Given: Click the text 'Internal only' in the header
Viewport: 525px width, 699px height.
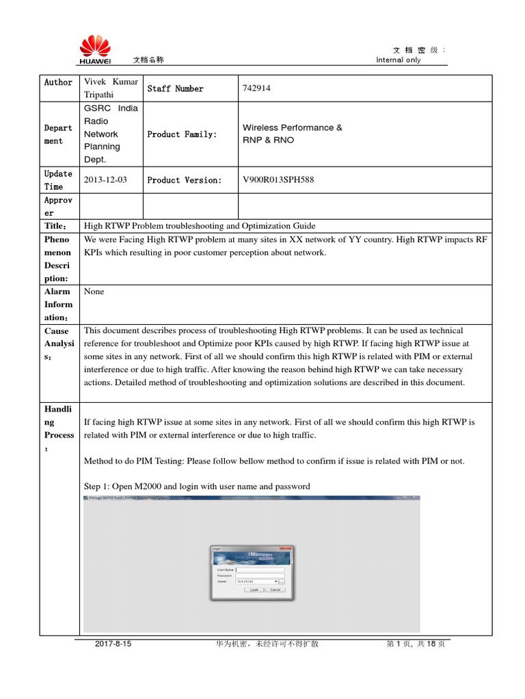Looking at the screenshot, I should pos(399,60).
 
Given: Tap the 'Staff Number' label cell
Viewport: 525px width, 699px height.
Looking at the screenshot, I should pos(175,89).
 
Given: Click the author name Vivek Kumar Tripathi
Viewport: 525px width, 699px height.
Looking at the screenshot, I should pos(110,88).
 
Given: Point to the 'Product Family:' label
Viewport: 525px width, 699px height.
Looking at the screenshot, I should pos(182,134).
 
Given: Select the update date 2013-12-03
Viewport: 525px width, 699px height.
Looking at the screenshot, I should pos(105,180).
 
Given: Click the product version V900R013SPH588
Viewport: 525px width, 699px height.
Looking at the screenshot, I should pos(280,180).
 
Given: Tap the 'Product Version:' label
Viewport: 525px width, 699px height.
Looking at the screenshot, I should pos(185,180).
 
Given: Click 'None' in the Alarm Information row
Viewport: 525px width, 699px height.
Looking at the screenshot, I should pos(94,291).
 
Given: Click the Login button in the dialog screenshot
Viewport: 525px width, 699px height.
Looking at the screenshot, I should pos(254,589).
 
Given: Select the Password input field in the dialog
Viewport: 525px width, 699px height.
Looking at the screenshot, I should pos(260,575).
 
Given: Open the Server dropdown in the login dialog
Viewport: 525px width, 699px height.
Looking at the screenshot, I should pos(275,582).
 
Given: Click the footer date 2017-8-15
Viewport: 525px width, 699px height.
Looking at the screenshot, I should pos(113,644).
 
